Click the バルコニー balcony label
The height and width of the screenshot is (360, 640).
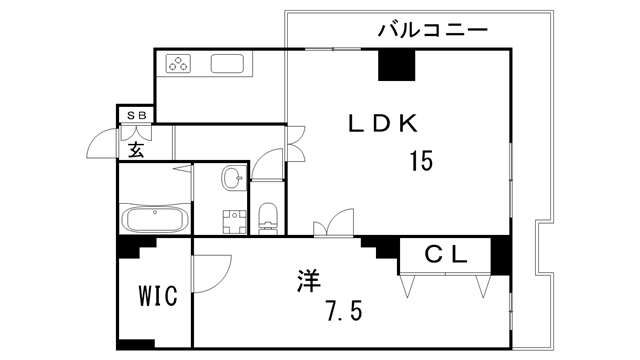(432, 30)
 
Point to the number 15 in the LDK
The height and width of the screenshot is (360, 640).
(421, 160)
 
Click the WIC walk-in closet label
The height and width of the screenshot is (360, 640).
(157, 297)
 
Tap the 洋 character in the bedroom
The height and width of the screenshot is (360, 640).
(307, 281)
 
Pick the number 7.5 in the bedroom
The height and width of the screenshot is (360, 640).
(342, 312)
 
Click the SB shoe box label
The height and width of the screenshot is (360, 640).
(137, 114)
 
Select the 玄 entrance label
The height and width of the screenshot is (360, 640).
(136, 150)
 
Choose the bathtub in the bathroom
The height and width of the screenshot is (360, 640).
(153, 218)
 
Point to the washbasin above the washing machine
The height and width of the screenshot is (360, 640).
(233, 178)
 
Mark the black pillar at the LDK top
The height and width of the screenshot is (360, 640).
(395, 65)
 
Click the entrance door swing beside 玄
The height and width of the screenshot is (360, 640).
(101, 146)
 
